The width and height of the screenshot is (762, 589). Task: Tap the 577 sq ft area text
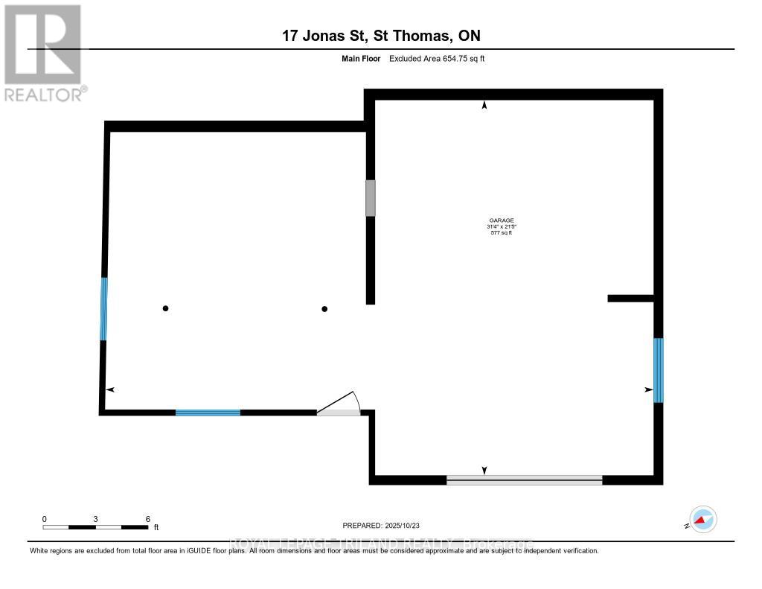click(499, 233)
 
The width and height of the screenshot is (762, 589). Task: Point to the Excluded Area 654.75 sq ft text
click(437, 58)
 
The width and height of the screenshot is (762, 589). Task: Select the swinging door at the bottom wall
click(339, 405)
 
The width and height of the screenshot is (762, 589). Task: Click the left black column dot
click(166, 308)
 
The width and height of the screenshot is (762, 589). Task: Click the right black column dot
click(324, 308)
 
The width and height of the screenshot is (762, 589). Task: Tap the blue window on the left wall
click(104, 308)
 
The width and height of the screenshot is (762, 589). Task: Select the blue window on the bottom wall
click(208, 412)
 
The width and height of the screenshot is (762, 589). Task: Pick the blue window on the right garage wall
click(658, 370)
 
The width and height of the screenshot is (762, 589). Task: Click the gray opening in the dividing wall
click(370, 197)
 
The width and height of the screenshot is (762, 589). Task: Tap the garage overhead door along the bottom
click(524, 480)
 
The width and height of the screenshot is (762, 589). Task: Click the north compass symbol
click(702, 520)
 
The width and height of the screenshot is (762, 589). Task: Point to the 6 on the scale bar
click(147, 519)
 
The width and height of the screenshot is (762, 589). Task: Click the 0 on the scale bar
click(45, 519)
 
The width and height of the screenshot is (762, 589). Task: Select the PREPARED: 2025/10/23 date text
click(386, 525)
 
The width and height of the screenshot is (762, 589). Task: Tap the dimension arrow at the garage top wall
click(484, 106)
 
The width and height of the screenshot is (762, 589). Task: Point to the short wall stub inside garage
click(630, 298)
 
